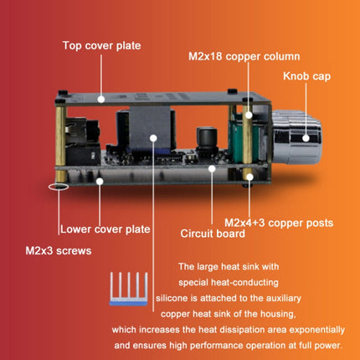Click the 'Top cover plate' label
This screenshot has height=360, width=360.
click(101, 45)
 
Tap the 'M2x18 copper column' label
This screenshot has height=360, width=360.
click(244, 56)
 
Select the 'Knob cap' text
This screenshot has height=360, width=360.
click(306, 76)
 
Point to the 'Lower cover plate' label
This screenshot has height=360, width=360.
click(105, 229)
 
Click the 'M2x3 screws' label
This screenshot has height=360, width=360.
click(59, 250)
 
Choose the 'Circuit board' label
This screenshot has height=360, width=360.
click(213, 234)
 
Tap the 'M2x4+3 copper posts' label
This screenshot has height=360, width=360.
click(279, 223)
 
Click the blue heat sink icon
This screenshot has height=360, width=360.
click(128, 289)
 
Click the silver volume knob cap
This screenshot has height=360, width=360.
click(296, 136)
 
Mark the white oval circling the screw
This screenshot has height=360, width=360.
click(58, 187)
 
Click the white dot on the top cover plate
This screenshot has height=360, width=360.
click(101, 99)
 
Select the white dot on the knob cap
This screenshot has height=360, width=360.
click(306, 138)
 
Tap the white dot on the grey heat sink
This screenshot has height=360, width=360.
click(153, 138)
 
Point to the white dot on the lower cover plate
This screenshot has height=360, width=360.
click(100, 182)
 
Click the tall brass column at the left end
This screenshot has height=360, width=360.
click(60, 136)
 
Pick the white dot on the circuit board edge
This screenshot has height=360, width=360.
click(212, 169)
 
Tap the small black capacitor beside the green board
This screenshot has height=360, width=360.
click(207, 139)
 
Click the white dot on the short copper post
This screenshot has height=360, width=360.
click(249, 177)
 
